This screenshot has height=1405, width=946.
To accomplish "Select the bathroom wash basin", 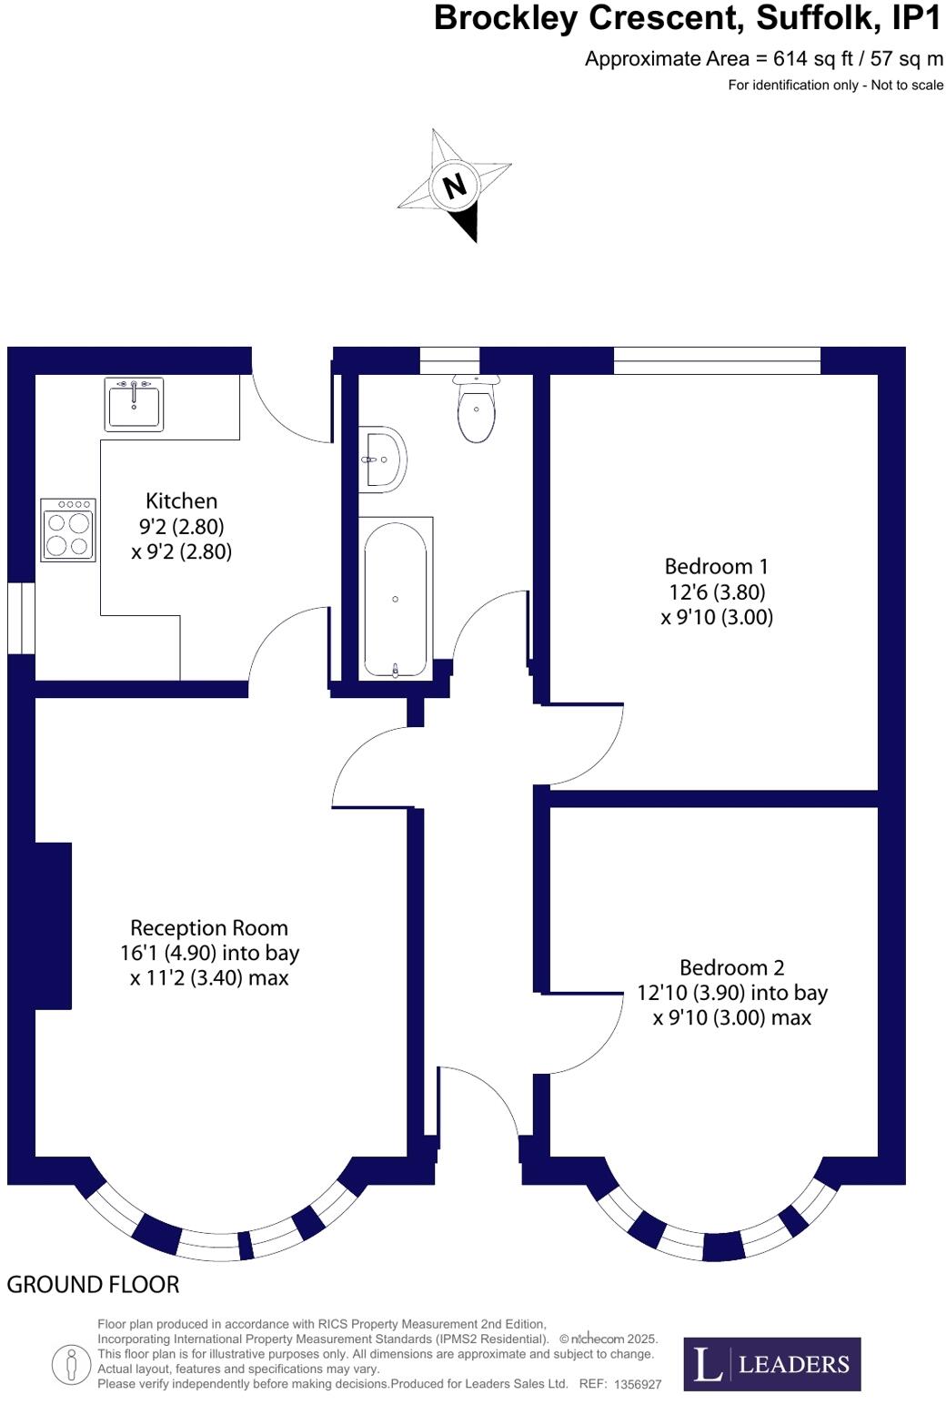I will point(381,459).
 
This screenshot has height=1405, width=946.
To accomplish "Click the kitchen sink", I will point(134,404).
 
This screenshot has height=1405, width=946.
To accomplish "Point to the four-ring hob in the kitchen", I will point(68,530).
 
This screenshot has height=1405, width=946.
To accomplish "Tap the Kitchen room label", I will point(181,500).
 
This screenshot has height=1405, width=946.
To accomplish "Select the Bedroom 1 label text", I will point(716,567).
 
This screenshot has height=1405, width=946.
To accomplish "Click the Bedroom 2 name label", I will point(731,967).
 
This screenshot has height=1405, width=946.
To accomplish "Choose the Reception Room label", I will point(208,928).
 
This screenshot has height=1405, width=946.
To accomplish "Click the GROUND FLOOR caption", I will point(93,1284).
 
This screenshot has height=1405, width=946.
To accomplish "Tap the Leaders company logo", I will point(771,1363).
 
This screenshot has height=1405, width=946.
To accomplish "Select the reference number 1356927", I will point(638,1384).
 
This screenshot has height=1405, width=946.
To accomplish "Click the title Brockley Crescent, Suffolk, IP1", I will point(688,18).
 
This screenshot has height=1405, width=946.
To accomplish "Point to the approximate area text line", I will point(763,59).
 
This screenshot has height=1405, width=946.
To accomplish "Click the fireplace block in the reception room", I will point(53,925).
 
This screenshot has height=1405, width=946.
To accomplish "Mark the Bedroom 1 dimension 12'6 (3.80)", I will point(717,592).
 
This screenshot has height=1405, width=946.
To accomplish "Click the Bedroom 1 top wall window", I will point(717,360).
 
